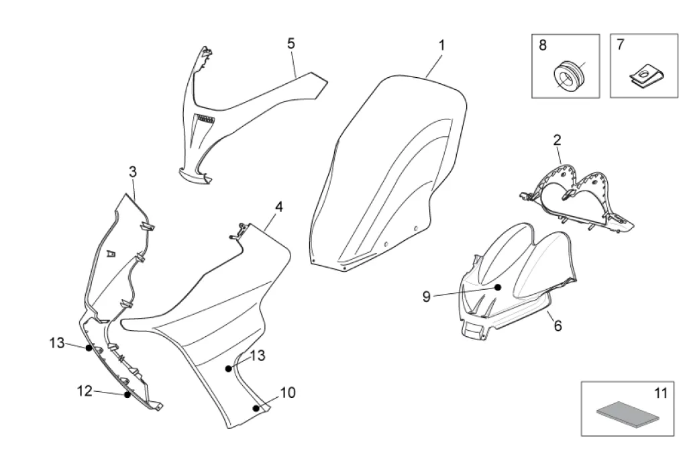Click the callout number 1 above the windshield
pos(441,45)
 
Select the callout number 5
pos(290,43)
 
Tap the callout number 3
pos(133,172)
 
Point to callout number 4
pos(278,207)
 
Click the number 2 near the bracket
pos(557,140)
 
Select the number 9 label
pos(427,296)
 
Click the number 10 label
pos(287,393)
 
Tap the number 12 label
pos(85,391)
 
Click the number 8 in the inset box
pos(543,45)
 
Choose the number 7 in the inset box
pos(620,44)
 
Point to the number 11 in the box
pos(661,393)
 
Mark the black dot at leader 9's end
pos(498,287)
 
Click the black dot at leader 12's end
pos(127,395)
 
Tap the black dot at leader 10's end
pos(256,406)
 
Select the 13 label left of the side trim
pos(57,344)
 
